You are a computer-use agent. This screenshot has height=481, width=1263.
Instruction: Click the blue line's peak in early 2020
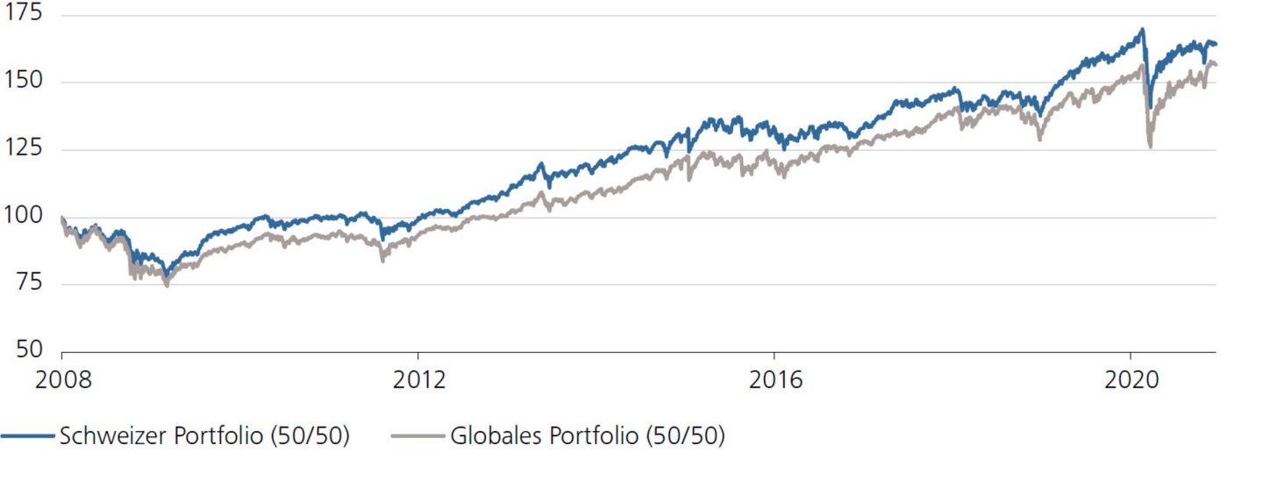click(1141, 30)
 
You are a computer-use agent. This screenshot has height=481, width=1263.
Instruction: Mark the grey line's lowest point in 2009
click(167, 285)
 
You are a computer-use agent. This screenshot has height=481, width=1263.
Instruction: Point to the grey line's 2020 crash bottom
click(1151, 147)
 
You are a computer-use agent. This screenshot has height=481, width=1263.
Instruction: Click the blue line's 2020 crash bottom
click(1150, 106)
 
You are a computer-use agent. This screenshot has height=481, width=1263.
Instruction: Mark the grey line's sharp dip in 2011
click(382, 260)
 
